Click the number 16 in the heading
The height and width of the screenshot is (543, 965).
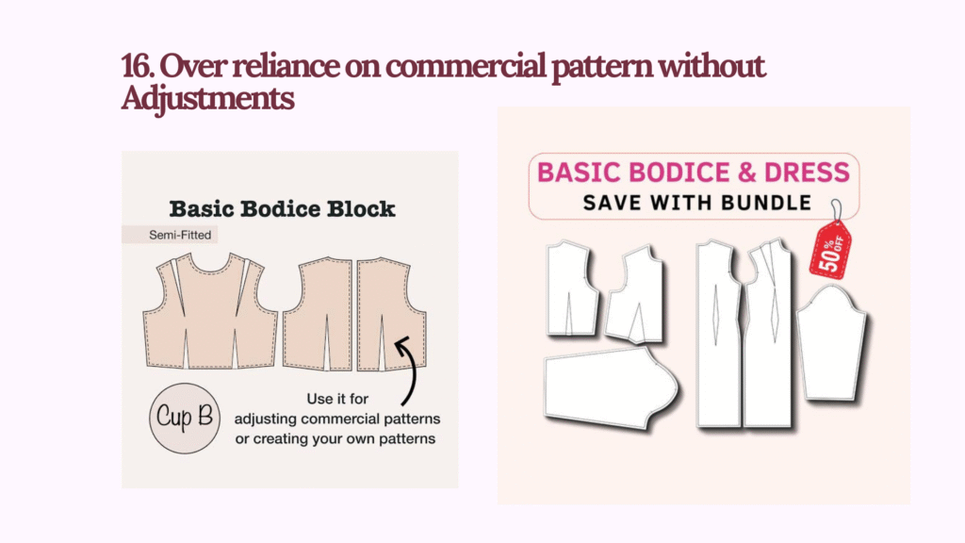click(x=134, y=67)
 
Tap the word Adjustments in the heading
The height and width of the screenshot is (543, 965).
click(x=207, y=97)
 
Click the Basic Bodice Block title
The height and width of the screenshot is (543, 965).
click(x=282, y=208)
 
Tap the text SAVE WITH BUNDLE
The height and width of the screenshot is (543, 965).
click(x=696, y=202)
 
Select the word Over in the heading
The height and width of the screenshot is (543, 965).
click(x=185, y=67)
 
